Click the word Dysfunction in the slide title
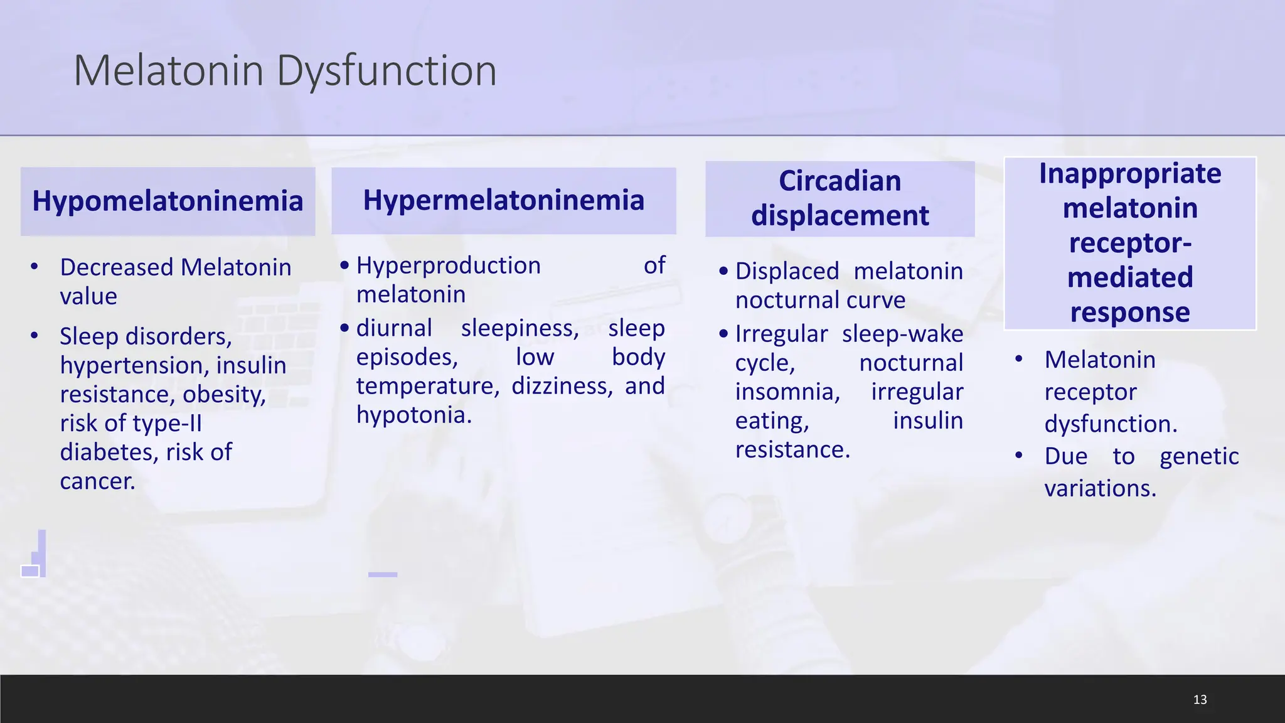tap(386, 71)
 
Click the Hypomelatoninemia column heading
tap(168, 201)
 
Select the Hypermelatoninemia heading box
tap(503, 201)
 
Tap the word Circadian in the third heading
tap(840, 181)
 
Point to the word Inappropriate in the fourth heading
tap(1129, 174)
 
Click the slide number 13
tap(1200, 700)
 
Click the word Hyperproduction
tap(448, 265)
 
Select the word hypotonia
tap(413, 415)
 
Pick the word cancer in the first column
tap(97, 481)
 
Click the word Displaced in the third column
tap(787, 272)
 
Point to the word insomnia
tap(787, 392)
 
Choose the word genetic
tap(1198, 457)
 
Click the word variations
tap(1099, 488)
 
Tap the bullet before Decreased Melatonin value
tap(35, 267)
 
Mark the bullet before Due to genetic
tap(1018, 456)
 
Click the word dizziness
tap(561, 386)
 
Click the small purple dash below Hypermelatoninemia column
tap(383, 574)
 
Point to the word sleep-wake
tap(902, 335)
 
